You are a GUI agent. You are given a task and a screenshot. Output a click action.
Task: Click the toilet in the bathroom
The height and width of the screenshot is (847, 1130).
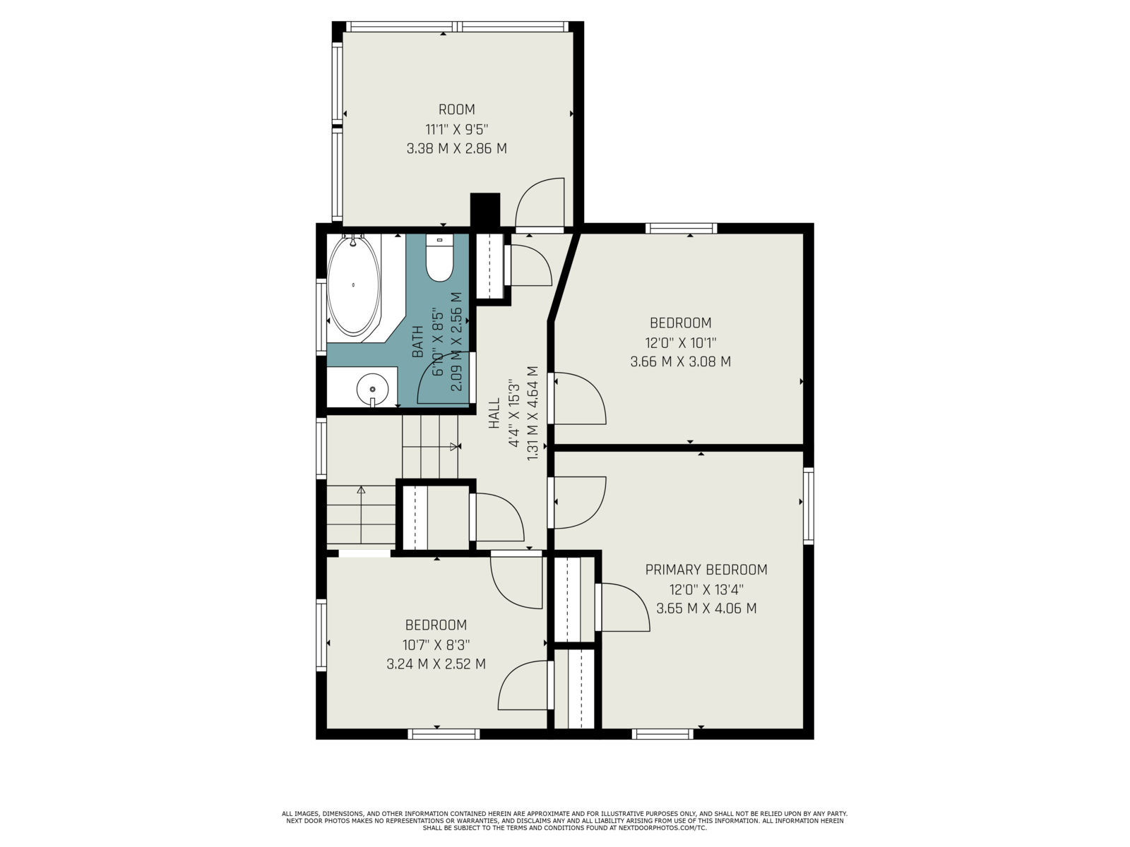click(x=439, y=258)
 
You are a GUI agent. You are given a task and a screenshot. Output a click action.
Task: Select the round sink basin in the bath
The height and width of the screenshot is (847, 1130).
click(x=372, y=390)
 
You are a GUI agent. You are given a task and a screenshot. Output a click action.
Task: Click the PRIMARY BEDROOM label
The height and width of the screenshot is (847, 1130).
click(x=706, y=570)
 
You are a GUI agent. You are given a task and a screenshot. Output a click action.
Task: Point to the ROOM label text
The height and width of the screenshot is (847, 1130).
click(x=457, y=109)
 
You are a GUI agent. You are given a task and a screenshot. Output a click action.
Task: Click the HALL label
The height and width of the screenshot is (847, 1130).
click(x=494, y=413)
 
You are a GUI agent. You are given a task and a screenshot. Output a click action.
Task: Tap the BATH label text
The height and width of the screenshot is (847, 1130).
click(x=417, y=342)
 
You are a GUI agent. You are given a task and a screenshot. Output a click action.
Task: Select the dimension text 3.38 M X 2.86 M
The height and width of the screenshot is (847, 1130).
click(x=457, y=149)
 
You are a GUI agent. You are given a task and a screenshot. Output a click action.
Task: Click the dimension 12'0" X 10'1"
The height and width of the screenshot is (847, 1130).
click(x=681, y=342)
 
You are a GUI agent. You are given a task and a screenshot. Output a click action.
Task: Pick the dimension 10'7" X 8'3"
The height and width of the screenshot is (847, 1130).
click(x=436, y=644)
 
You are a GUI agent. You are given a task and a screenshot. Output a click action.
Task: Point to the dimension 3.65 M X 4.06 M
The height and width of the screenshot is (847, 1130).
click(x=706, y=608)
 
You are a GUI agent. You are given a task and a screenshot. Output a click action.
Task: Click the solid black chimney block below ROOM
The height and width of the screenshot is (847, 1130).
click(x=485, y=210)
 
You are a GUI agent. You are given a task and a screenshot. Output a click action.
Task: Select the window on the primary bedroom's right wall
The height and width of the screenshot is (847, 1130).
click(x=808, y=506)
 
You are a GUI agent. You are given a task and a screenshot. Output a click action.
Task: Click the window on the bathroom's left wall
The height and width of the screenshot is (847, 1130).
click(x=321, y=317)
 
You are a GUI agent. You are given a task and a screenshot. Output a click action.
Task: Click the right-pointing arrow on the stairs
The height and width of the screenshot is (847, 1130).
click(x=430, y=446)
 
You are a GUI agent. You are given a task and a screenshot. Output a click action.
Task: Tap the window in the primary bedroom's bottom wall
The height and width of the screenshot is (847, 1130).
click(x=662, y=734)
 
